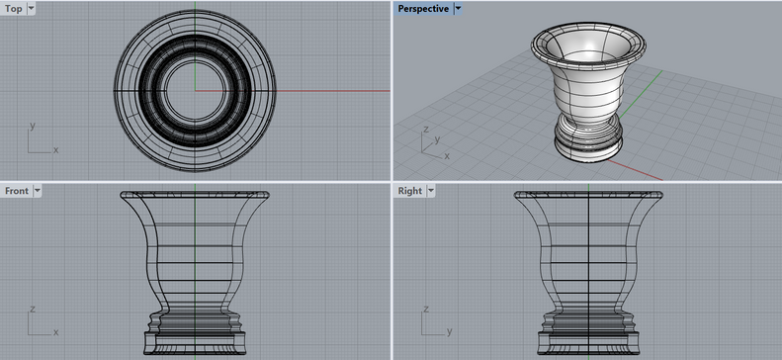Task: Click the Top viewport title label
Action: click(x=14, y=9)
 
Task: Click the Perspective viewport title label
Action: click(x=423, y=9)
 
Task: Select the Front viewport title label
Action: click(x=17, y=191)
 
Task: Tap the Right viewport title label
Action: click(x=410, y=191)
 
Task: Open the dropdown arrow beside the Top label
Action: click(x=31, y=9)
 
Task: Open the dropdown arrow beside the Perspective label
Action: click(x=458, y=9)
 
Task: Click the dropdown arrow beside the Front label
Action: click(x=38, y=191)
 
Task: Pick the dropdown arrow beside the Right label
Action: click(x=431, y=191)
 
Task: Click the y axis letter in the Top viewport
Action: click(x=33, y=126)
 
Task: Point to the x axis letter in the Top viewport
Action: click(x=55, y=149)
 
